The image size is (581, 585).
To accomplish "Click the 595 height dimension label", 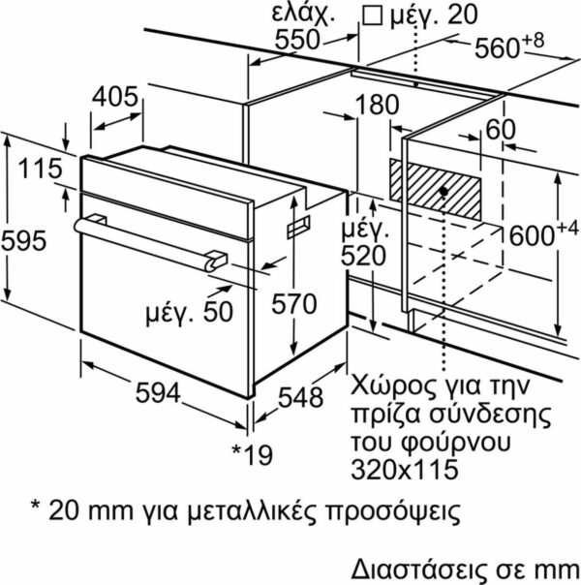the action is coord(24,240).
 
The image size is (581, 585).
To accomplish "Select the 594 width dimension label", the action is coord(158,393).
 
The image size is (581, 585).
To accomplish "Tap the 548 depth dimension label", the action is coord(300,397).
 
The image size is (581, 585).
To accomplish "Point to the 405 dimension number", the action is coord(115,97).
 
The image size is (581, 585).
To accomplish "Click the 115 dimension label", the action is coord(41,169).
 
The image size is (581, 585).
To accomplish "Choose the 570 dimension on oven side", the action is coord(293,304).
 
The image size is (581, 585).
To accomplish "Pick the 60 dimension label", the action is coord(501,129).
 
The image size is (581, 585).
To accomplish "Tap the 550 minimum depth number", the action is coord(297,39).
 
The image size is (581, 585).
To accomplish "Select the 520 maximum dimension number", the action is coord(363,256).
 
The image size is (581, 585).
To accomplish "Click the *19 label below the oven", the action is coord(253,455).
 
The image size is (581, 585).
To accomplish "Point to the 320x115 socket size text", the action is coord(405,469).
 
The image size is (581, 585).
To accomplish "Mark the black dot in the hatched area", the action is coord(443,192).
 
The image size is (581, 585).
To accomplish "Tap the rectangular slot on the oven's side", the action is coord(298,227).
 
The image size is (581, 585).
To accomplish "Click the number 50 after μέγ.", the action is coord(218,312).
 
